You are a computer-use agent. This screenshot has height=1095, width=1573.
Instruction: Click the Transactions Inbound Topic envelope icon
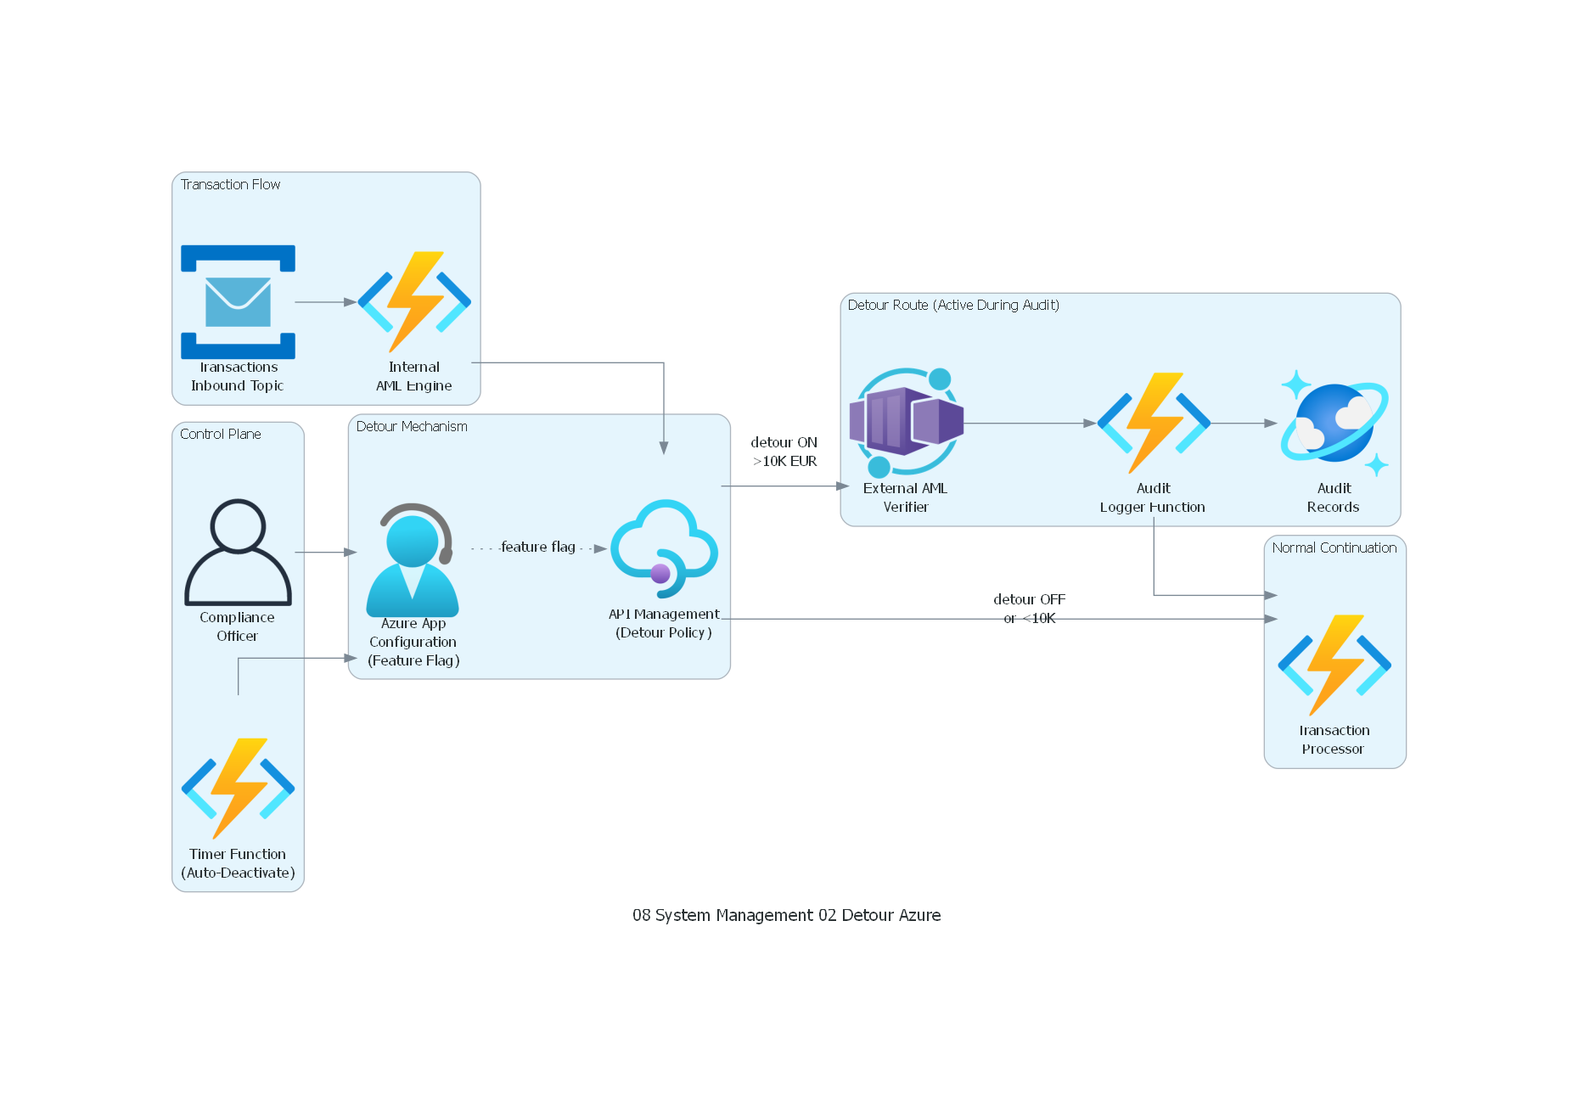pyautogui.click(x=238, y=301)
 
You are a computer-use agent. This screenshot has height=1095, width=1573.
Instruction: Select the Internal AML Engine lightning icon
pyautogui.click(x=414, y=301)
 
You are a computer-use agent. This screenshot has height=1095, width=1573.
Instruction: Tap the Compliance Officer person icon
pyautogui.click(x=238, y=552)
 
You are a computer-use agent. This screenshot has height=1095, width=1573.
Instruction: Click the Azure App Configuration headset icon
pyautogui.click(x=413, y=560)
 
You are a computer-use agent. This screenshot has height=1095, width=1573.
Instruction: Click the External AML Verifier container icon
pyautogui.click(x=906, y=422)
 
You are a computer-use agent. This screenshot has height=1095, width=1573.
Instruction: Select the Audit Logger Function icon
pyautogui.click(x=1153, y=422)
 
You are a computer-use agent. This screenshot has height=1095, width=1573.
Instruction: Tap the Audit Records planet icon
pyautogui.click(x=1334, y=422)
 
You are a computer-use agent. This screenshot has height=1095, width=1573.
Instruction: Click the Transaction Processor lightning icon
pyautogui.click(x=1334, y=665)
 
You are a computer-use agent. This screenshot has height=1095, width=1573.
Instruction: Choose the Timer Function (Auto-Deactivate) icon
pyautogui.click(x=238, y=788)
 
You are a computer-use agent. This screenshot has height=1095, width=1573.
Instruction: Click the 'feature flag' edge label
pyautogui.click(x=538, y=547)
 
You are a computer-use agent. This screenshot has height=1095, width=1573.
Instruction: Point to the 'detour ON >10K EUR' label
pyautogui.click(x=784, y=452)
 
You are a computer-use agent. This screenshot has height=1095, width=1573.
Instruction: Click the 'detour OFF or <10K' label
pyautogui.click(x=1029, y=608)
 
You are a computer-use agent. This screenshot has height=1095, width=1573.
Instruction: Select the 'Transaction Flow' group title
pyautogui.click(x=230, y=184)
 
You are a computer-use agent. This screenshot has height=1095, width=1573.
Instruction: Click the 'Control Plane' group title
pyautogui.click(x=220, y=434)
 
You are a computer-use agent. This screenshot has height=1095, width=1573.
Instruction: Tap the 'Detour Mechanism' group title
pyautogui.click(x=412, y=426)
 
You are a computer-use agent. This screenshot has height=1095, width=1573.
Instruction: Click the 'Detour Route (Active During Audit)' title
pyautogui.click(x=953, y=305)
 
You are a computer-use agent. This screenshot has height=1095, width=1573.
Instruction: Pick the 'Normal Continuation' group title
pyautogui.click(x=1334, y=547)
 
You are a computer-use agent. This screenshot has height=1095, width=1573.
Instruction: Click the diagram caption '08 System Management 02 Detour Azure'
pyautogui.click(x=786, y=915)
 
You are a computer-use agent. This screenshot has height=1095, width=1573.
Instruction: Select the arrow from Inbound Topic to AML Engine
pyautogui.click(x=325, y=301)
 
